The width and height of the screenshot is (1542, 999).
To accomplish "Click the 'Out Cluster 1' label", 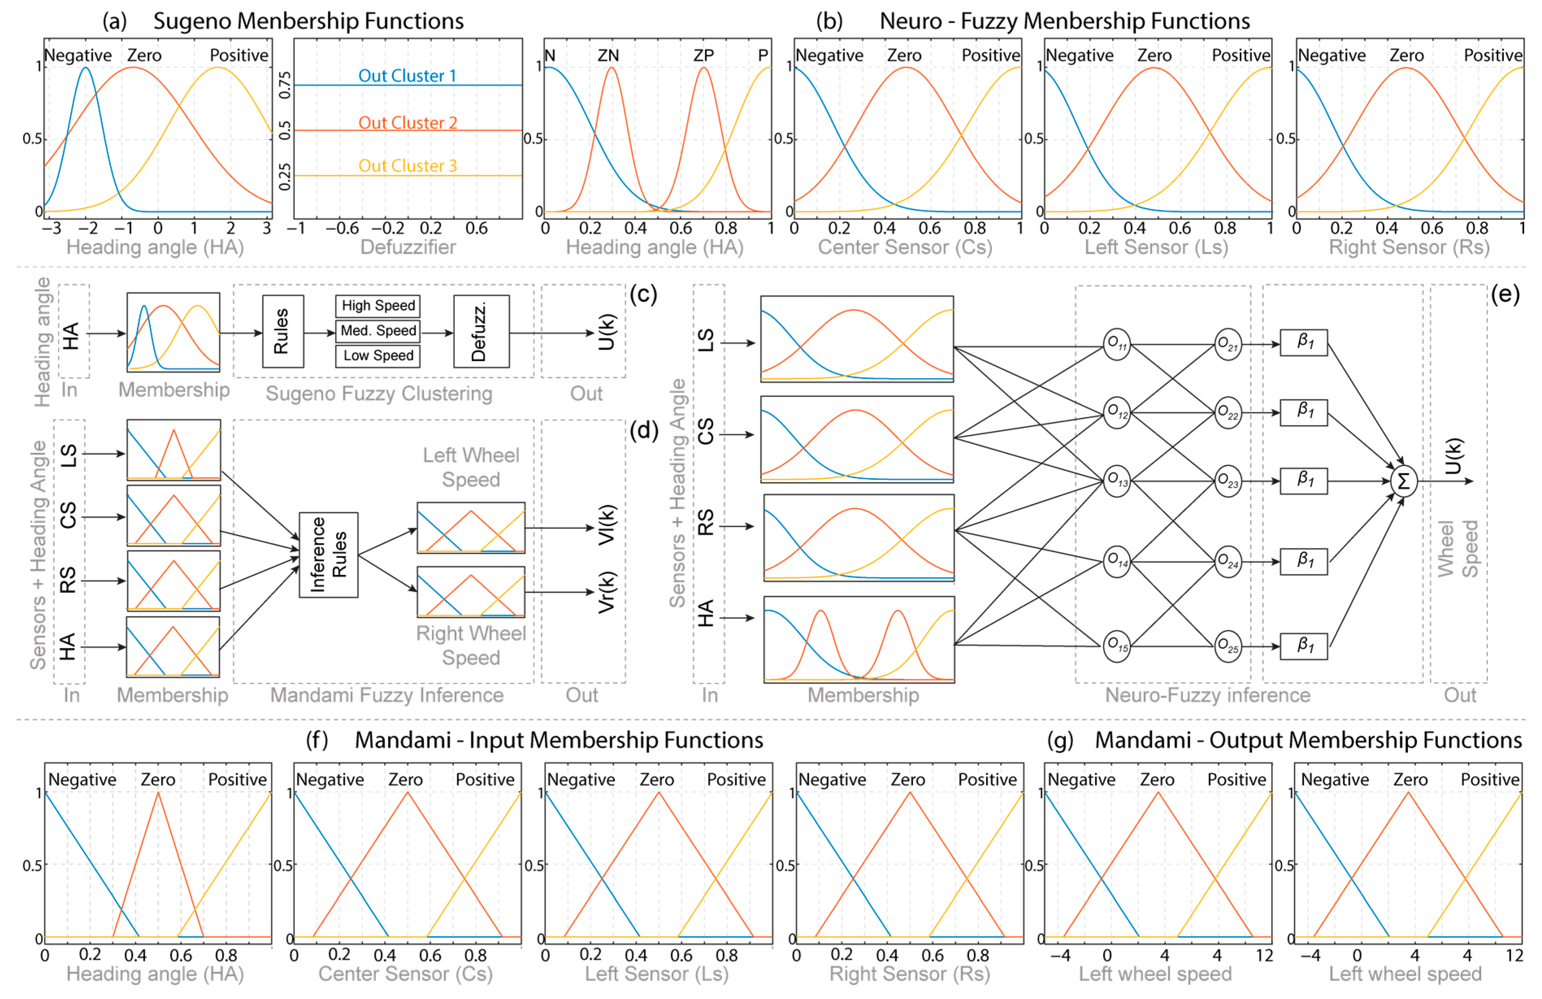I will (407, 76).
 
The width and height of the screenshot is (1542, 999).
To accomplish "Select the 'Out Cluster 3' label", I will (407, 166).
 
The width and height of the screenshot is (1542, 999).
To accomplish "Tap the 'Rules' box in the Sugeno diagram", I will (282, 331).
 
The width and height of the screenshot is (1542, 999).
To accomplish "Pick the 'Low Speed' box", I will (378, 355).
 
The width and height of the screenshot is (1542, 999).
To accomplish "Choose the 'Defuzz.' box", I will (481, 331).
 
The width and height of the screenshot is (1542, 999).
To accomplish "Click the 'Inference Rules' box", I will (328, 555).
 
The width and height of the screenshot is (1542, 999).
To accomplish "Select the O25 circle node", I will (1228, 646).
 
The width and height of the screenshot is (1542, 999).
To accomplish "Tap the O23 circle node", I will (1228, 481).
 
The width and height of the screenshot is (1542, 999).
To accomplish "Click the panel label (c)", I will (643, 295).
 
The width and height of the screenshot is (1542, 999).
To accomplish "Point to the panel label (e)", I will (1504, 295).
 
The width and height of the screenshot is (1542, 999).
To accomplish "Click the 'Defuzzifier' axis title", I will (407, 247).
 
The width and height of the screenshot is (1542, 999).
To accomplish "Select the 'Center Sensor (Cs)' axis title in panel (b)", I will (905, 247).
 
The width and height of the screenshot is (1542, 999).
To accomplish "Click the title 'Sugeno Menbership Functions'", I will (308, 22).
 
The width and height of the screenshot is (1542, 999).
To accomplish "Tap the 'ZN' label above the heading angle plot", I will (608, 56).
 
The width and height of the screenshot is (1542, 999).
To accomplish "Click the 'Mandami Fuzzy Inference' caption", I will (387, 695).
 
